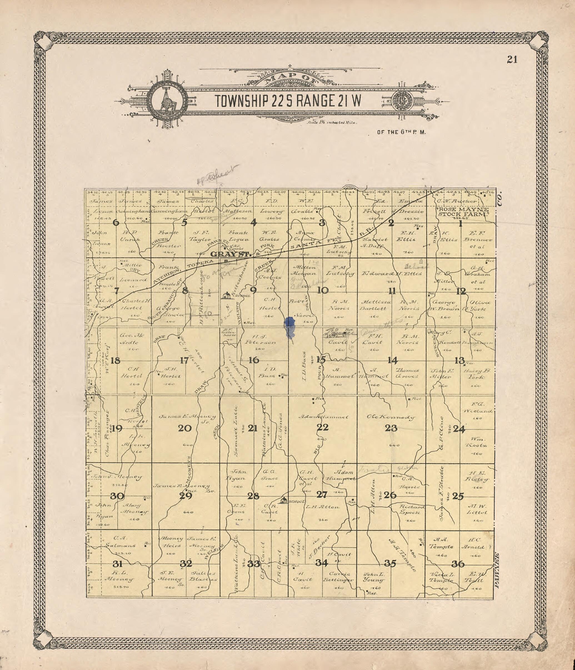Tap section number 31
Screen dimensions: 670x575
click(x=117, y=564)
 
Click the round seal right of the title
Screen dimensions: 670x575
click(x=403, y=100)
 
